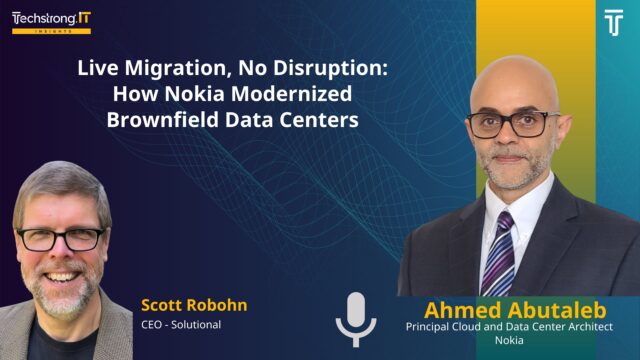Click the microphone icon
(x=356, y=319)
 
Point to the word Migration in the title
(x=167, y=73)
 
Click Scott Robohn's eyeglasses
(x=59, y=239)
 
